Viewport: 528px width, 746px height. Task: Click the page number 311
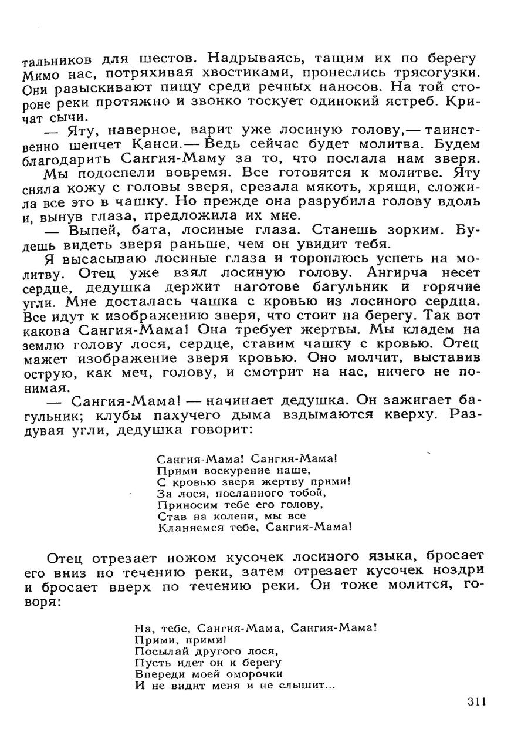(x=478, y=702)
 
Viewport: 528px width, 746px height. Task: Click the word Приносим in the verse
(x=182, y=505)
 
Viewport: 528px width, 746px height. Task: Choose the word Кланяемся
(x=188, y=528)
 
